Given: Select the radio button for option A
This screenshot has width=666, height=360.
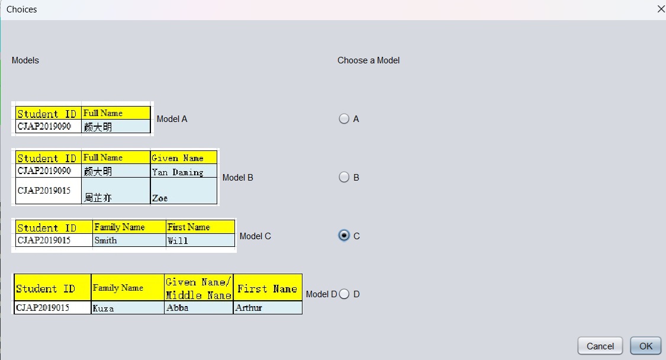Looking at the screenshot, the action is (344, 118).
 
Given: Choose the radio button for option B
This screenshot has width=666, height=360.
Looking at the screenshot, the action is (344, 177).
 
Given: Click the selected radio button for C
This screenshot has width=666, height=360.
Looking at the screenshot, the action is (344, 236).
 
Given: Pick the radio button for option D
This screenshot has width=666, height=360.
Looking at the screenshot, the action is (344, 294).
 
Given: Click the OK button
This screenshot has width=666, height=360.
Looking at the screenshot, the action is (646, 346).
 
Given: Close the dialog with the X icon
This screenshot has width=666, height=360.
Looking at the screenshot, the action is (661, 9).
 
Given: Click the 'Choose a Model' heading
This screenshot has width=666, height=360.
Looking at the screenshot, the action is (368, 60).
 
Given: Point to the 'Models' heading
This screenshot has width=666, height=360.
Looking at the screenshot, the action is (25, 60).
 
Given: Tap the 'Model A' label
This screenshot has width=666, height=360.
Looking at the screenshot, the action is (172, 119).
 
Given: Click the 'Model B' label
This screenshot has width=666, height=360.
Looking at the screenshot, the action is (238, 178).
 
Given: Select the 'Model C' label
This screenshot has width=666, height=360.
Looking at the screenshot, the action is (255, 236).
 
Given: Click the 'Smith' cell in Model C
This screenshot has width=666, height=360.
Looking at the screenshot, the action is (129, 240).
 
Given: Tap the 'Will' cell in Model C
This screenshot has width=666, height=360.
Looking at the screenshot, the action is (200, 240).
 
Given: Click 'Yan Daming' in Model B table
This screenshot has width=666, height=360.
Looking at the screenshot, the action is (184, 171).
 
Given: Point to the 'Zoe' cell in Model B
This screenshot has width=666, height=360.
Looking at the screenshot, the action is (184, 191).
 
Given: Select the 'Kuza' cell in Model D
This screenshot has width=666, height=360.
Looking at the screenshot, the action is (128, 308).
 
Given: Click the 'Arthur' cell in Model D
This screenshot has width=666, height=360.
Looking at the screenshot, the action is (268, 308).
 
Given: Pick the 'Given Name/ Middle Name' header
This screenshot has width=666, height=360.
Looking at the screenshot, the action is (198, 288).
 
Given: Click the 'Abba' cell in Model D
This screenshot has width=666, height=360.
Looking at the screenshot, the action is (198, 308).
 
